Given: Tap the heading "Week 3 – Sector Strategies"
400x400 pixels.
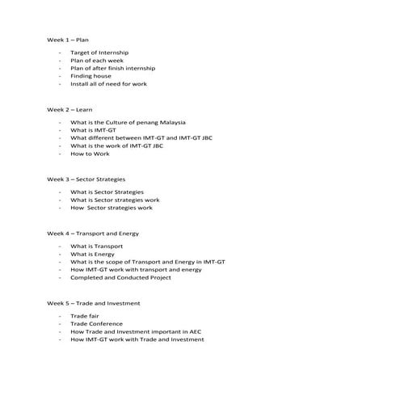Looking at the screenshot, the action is pyautogui.click(x=86, y=179).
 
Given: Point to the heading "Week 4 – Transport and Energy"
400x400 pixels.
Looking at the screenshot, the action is pyautogui.click(x=93, y=233).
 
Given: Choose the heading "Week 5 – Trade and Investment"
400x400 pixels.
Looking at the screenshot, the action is pyautogui.click(x=93, y=302).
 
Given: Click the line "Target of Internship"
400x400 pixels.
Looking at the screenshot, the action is pyautogui.click(x=99, y=53).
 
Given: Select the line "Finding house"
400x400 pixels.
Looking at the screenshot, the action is pyautogui.click(x=91, y=76).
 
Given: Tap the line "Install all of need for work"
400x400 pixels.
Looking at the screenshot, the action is pyautogui.click(x=108, y=84).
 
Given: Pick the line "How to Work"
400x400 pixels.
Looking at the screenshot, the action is pyautogui.click(x=90, y=154).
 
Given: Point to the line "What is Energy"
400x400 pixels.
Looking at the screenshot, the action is pyautogui.click(x=92, y=254).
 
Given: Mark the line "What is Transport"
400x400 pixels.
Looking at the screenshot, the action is pyautogui.click(x=97, y=246).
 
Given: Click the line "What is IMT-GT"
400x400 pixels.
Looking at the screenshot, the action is pyautogui.click(x=93, y=130).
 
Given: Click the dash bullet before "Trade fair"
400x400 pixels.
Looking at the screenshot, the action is pyautogui.click(x=60, y=316).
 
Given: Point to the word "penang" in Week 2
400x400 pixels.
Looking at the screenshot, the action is pyautogui.click(x=144, y=122).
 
